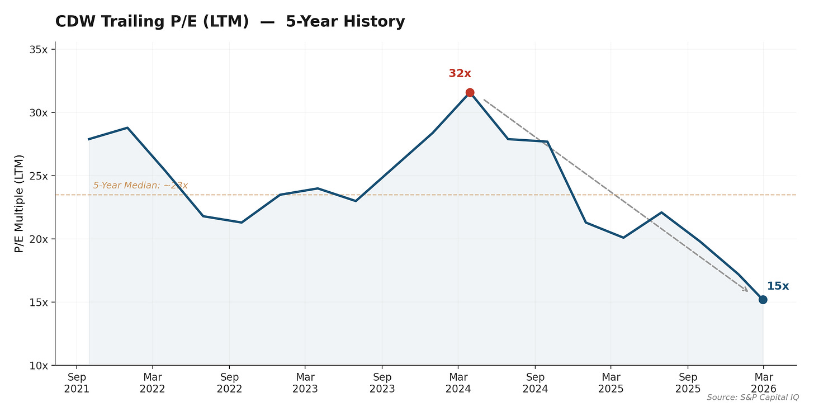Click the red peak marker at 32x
[x=470, y=92]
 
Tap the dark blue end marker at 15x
[x=763, y=300]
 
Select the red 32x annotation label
[x=460, y=73]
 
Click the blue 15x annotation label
[x=777, y=286]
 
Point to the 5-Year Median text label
[x=140, y=185]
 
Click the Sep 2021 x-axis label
[x=77, y=382]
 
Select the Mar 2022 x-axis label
[x=152, y=382]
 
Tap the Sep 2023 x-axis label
[x=382, y=382]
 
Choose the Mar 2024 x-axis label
[x=458, y=382]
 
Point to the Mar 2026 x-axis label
[x=764, y=382]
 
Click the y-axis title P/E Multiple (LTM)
[x=20, y=204]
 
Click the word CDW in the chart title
[x=74, y=22]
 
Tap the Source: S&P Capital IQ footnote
[x=753, y=397]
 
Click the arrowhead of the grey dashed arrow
[x=746, y=290]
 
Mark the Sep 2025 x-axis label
[x=688, y=382]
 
